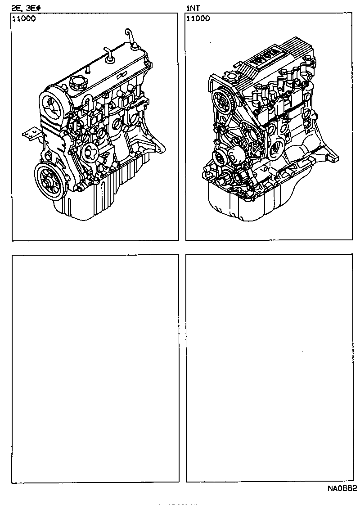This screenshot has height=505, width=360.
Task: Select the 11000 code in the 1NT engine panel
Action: (198, 19)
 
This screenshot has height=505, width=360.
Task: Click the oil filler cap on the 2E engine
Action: (77, 83)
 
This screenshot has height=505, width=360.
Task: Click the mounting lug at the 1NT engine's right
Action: (333, 158)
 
